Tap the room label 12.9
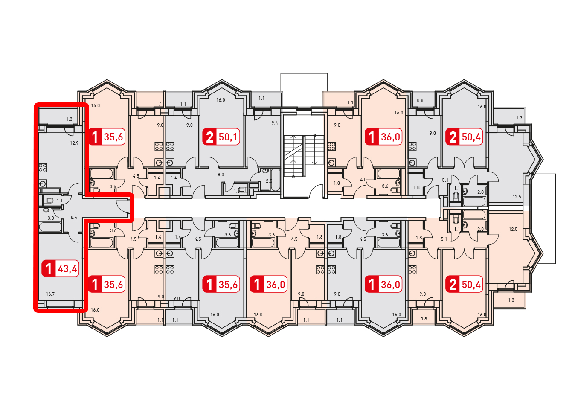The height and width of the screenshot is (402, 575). (74, 143)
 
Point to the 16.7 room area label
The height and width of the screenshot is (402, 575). (50, 294)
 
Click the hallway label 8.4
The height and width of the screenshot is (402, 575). (74, 217)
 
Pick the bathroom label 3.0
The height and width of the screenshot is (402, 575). (51, 218)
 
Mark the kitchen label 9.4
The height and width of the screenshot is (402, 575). (275, 123)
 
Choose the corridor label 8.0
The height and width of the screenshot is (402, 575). (221, 175)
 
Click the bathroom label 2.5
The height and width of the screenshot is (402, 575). (269, 181)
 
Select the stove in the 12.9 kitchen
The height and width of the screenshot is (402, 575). (43, 168)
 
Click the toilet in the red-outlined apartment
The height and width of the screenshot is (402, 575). (48, 201)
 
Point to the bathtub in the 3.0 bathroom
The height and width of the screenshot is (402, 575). (50, 227)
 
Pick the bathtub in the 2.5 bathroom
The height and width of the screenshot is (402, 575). (276, 181)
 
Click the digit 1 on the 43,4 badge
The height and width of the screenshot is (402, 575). (49, 269)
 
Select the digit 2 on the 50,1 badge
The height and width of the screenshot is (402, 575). (209, 137)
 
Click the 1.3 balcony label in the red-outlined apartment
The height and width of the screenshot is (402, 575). (69, 119)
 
